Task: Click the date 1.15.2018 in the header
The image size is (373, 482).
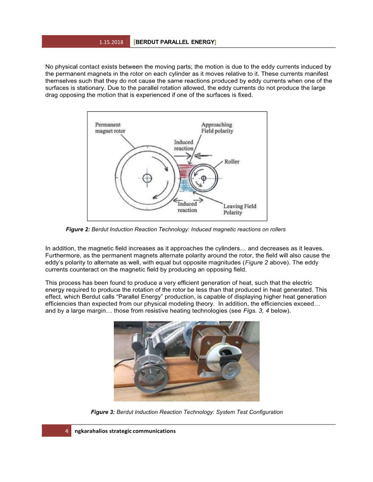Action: point(112,42)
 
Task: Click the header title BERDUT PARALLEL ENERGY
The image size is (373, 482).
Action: point(175,42)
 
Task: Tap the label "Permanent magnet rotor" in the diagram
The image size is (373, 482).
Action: point(110,128)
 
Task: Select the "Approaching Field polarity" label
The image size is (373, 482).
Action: point(217,128)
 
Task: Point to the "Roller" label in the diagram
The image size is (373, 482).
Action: point(232,162)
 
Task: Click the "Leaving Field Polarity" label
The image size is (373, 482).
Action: point(240,210)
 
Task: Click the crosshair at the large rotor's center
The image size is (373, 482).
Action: point(147,178)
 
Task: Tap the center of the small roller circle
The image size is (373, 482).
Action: point(203,178)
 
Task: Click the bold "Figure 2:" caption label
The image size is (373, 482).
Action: point(78,229)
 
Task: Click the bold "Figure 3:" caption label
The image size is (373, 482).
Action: point(103,412)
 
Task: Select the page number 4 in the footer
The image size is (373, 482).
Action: point(67,431)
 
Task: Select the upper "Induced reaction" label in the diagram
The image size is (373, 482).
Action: point(184,145)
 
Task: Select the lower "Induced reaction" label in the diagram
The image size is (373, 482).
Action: point(187,207)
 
